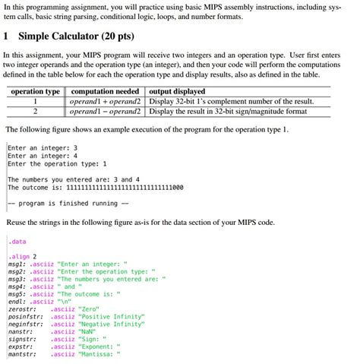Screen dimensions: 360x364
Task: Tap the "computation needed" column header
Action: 106,90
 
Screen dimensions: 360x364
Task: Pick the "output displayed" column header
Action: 180,90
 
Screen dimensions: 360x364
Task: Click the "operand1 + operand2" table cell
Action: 106,100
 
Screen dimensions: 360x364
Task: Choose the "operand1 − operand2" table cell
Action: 106,110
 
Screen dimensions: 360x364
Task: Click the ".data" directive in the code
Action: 17,242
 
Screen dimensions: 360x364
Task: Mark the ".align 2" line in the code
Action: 22,256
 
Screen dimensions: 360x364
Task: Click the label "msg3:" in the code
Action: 17,278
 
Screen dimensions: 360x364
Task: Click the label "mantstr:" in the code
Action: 23,354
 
